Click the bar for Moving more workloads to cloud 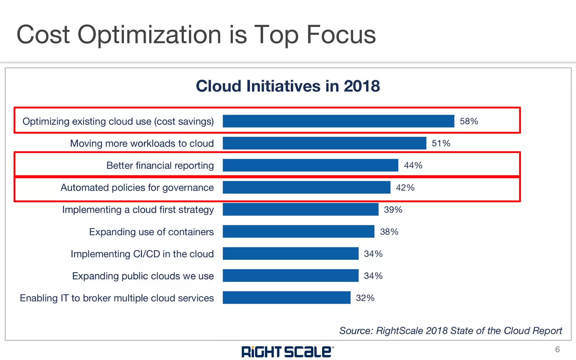click(324, 143)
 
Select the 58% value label click(469, 121)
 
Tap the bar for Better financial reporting click(310, 165)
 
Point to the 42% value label click(405, 187)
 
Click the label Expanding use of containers click(151, 232)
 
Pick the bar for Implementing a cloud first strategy click(300, 210)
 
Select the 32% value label click(365, 298)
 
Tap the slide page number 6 click(557, 349)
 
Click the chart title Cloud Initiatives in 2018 click(288, 86)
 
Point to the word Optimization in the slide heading click(149, 35)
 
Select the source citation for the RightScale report click(451, 330)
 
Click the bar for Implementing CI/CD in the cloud click(291, 253)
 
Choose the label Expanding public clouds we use click(143, 276)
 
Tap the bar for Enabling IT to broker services click(286, 298)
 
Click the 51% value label click(441, 143)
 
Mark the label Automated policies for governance click(137, 187)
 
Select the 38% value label click(389, 231)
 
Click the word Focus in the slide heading click(341, 35)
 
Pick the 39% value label click(393, 210)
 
